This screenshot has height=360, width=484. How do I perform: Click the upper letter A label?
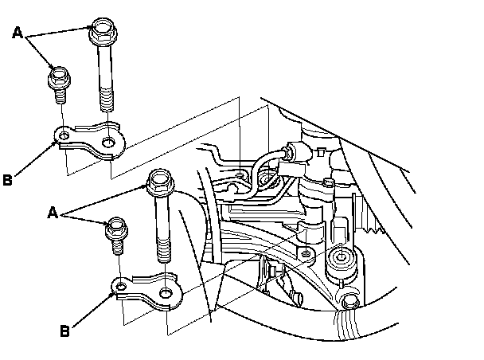click(18, 33)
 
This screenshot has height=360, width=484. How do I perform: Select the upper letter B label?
click(8, 180)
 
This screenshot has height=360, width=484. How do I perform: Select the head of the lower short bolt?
click(116, 227)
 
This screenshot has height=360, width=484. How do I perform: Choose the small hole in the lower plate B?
click(119, 285)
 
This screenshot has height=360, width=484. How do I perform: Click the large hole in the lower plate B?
click(165, 294)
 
